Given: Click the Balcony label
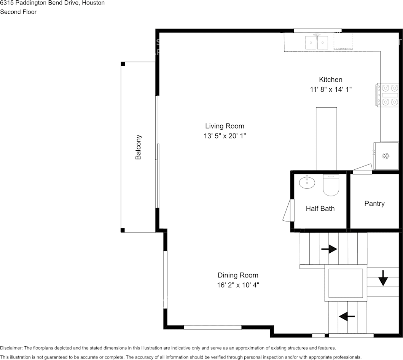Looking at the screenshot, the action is (x=138, y=147).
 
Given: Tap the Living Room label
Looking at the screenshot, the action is (x=225, y=126).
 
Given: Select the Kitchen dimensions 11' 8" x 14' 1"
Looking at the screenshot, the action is (x=331, y=89).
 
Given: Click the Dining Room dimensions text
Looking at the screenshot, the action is (x=238, y=285).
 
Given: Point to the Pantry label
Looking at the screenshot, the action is (x=374, y=204).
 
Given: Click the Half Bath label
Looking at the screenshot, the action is (x=320, y=209).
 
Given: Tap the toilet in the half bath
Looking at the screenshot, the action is (x=331, y=185).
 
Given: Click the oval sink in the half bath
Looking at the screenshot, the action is (x=307, y=182).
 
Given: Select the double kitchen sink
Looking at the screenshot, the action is (x=317, y=42).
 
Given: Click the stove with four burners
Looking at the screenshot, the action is (x=388, y=95).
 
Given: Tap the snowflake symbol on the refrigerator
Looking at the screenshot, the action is (x=385, y=156).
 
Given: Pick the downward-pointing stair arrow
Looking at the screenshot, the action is (x=383, y=278).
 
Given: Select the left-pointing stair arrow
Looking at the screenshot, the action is (x=347, y=316).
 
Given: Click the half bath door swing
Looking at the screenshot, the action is (x=288, y=210).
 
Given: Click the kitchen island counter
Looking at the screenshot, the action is (x=327, y=139).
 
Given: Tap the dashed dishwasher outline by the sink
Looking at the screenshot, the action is (x=343, y=41).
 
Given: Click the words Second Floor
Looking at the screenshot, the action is (x=18, y=12).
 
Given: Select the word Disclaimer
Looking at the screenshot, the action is (x=11, y=348).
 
